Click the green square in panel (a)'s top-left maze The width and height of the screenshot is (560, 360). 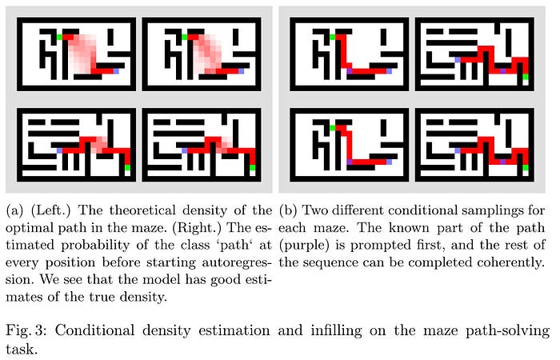pos(58,37)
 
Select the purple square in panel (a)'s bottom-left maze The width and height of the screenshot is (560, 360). pos(58,150)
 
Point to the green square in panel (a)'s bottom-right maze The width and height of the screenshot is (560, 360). pos(253,167)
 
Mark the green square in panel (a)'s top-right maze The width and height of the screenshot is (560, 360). pos(184,37)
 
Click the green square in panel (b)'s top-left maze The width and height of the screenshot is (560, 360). pos(330,37)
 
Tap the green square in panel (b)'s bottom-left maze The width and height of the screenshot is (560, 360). pos(330,126)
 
